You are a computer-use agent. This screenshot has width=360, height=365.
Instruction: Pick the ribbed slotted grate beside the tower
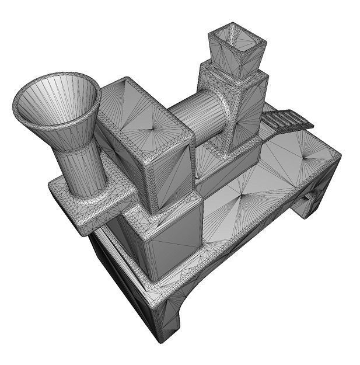tap(286, 120)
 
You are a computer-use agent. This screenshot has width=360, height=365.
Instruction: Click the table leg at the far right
tap(312, 201)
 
